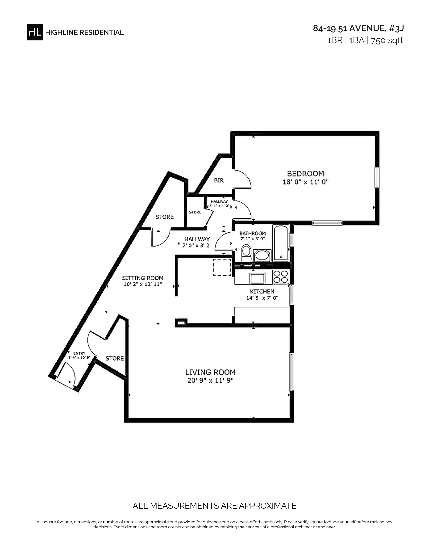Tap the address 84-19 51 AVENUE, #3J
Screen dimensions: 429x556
pyautogui.click(x=358, y=28)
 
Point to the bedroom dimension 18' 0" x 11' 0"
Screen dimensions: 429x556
pyautogui.click(x=306, y=182)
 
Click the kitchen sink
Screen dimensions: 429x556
pyautogui.click(x=257, y=279)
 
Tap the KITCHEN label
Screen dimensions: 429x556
pyautogui.click(x=262, y=291)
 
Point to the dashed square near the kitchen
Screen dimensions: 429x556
pyautogui.click(x=222, y=267)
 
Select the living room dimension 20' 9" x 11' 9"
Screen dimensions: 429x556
pyautogui.click(x=210, y=381)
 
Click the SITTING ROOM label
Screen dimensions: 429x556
pyautogui.click(x=142, y=278)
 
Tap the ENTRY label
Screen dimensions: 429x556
pyautogui.click(x=79, y=353)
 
